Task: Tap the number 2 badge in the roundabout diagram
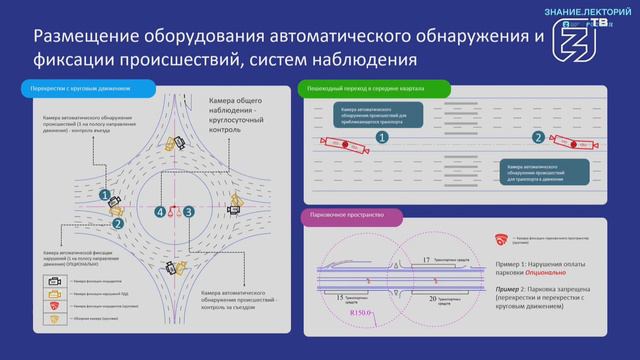coord(118,225)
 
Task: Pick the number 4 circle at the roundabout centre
coord(160,212)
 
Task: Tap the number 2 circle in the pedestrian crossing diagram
coord(538,138)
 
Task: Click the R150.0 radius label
coord(361,314)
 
